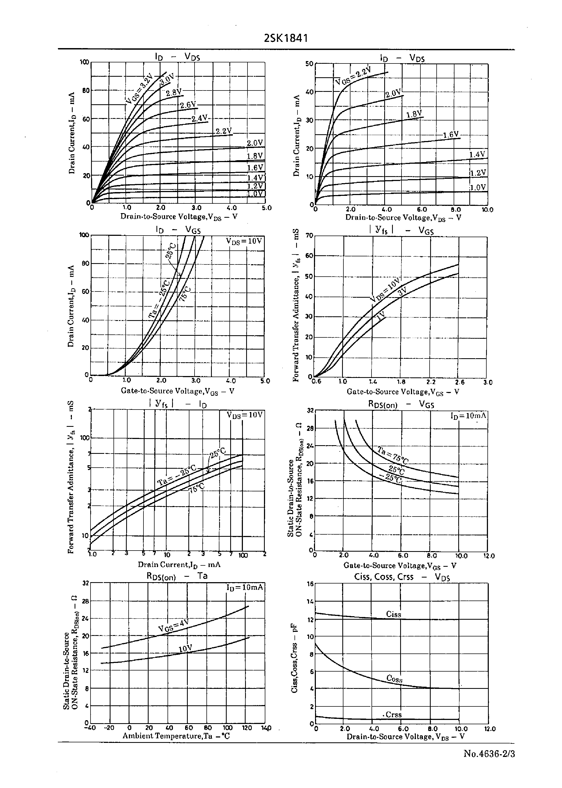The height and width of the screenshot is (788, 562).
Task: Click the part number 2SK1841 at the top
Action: pos(286,38)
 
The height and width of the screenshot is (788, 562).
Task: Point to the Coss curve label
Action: pos(394,679)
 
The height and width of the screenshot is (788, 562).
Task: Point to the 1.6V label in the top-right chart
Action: pos(451,134)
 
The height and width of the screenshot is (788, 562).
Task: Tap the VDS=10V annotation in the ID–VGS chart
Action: pos(244,241)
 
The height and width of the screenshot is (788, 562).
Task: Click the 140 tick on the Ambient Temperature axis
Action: pos(266,728)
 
